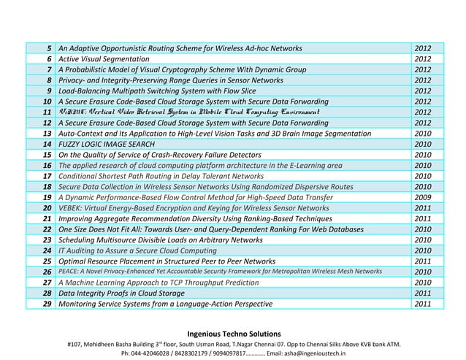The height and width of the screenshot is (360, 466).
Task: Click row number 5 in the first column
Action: [47, 48]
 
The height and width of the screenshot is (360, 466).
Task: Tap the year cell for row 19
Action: [423, 198]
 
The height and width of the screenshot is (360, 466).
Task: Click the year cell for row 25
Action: [423, 261]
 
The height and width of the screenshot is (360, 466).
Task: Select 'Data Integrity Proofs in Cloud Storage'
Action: [121, 293]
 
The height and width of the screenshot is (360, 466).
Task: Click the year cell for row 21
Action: [423, 218]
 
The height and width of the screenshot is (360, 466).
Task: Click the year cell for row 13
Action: [423, 134]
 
